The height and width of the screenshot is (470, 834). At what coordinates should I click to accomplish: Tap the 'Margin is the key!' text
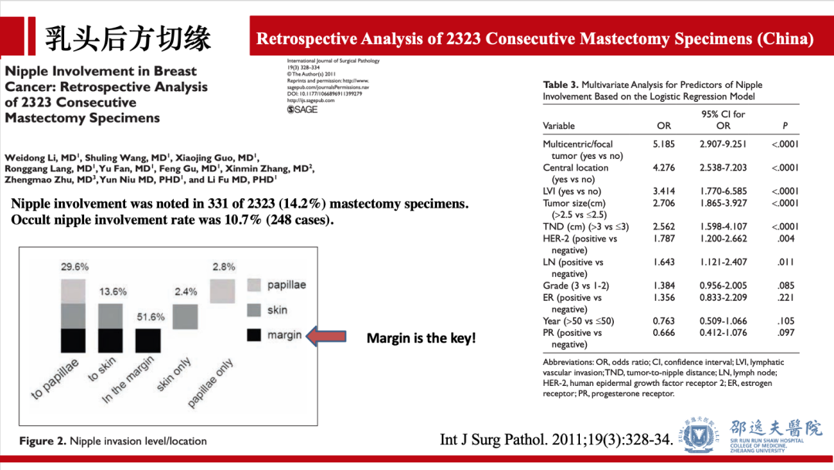tap(421, 338)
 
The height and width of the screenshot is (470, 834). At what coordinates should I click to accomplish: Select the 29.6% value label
tap(75, 267)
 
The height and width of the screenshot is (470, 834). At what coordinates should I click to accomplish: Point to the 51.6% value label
tap(150, 317)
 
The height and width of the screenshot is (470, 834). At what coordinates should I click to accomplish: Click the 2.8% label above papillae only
tap(223, 267)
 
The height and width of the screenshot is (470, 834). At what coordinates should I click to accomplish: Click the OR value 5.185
tap(663, 144)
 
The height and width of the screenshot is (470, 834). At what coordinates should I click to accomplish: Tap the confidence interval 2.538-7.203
tap(723, 167)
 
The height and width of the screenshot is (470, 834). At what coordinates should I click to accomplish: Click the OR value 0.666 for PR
tap(663, 333)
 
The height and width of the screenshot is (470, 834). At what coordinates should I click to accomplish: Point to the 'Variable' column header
tap(559, 126)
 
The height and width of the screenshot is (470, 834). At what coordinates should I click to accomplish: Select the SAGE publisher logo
tap(302, 110)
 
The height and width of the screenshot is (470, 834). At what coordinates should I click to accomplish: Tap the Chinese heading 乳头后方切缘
tap(127, 37)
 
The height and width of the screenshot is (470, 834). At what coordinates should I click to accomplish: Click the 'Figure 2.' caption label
tap(42, 441)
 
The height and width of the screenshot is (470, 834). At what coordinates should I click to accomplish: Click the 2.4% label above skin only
tap(186, 292)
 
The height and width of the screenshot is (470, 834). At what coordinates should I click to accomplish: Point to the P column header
tap(785, 126)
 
